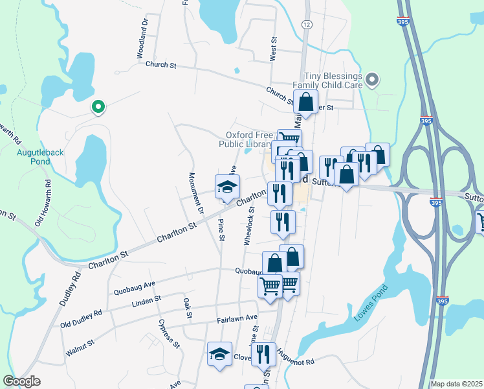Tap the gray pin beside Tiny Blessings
[371, 80]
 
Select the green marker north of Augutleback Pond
[98, 107]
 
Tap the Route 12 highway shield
[306, 24]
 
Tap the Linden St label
[146, 301]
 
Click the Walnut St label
[80, 348]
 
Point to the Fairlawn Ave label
[237, 318]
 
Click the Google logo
[21, 381]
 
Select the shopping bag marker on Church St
[305, 102]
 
